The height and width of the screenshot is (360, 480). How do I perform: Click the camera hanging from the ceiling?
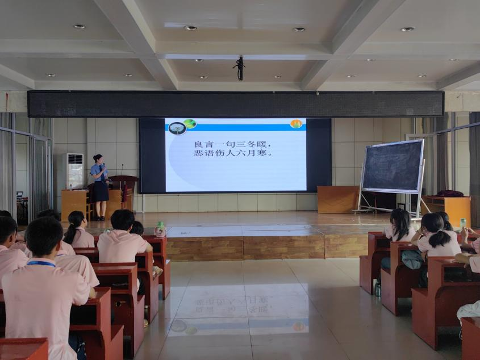coord(239,68)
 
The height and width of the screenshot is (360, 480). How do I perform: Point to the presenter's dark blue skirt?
coord(101,191)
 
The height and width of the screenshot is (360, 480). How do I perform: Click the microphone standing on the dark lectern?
coord(122,170)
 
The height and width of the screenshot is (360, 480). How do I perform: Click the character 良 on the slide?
coord(199,144)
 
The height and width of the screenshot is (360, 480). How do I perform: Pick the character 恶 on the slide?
coord(199,153)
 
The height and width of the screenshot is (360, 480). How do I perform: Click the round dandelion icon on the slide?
coord(177,128)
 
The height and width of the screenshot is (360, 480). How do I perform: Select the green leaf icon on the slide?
coord(190,124)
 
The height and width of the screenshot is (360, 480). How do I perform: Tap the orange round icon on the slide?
coord(297,124)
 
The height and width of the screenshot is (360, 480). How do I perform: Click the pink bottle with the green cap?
coord(160,229)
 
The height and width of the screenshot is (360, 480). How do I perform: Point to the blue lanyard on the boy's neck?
coord(41,263)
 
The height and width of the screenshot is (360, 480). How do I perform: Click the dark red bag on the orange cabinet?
coord(450,194)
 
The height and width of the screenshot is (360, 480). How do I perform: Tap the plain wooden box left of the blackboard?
coord(338,199)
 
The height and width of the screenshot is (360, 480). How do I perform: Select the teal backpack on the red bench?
coord(412,259)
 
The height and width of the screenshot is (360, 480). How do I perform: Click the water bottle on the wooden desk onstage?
coord(71,186)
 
